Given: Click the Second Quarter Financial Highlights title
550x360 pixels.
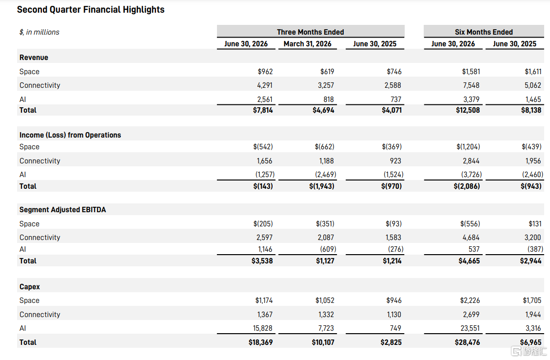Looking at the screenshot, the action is tap(91, 9).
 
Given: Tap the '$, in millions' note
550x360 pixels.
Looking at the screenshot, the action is tap(39, 32).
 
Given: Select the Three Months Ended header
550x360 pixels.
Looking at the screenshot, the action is tap(311, 32).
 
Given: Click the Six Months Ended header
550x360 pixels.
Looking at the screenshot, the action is tap(484, 32).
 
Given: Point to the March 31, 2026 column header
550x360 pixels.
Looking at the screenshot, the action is tap(307, 44).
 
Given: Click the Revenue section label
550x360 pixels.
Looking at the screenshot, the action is tap(34, 58).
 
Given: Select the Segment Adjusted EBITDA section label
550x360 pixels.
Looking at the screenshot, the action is tap(62, 210).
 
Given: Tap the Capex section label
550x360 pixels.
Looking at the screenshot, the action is tap(29, 287).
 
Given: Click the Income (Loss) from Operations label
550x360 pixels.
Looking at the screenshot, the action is tap(70, 135).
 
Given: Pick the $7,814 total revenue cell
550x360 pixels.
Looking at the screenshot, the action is tap(263, 110).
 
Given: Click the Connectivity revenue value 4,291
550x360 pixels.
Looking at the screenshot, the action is tap(265, 85).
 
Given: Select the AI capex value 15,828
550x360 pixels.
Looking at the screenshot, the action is tap(263, 328).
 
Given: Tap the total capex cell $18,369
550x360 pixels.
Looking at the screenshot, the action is tap(261, 342).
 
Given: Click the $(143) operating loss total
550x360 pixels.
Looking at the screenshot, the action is tap(263, 186).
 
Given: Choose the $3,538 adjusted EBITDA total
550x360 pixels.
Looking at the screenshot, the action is tap(262, 261).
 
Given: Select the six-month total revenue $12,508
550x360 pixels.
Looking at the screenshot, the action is tap(468, 110).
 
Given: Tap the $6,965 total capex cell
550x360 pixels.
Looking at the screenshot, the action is tap(530, 342).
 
